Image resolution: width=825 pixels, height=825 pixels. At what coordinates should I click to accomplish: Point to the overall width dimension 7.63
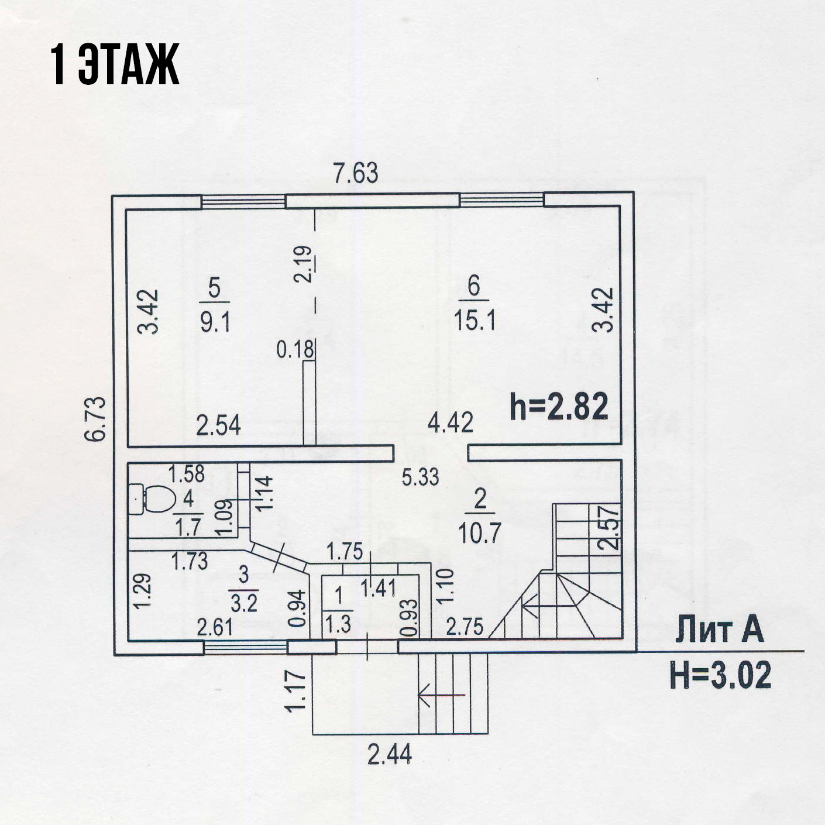click(x=356, y=174)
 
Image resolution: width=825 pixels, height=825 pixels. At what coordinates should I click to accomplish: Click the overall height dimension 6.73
click(x=98, y=418)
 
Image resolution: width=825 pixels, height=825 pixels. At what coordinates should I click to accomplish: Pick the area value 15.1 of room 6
click(x=475, y=321)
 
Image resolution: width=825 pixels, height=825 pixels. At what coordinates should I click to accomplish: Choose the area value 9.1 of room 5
click(x=215, y=322)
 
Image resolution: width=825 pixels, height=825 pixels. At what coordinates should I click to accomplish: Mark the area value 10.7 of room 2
click(x=479, y=532)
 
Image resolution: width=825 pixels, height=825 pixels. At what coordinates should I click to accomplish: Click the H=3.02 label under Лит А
click(x=720, y=675)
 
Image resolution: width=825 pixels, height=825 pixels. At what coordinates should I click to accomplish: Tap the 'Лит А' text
click(x=719, y=631)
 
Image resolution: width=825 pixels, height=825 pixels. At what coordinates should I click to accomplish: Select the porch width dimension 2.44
click(x=390, y=754)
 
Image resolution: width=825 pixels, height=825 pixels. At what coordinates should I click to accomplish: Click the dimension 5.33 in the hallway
click(x=420, y=477)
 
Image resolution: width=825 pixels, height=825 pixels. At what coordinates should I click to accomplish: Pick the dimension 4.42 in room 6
click(x=450, y=422)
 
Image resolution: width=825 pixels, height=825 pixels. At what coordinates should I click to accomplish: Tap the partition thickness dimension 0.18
click(x=295, y=349)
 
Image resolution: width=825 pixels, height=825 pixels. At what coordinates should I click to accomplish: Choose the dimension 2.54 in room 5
click(x=218, y=425)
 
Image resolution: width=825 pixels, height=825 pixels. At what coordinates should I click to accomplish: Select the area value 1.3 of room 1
click(x=338, y=624)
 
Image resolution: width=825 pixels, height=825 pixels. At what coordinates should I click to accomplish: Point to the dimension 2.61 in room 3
click(x=215, y=627)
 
